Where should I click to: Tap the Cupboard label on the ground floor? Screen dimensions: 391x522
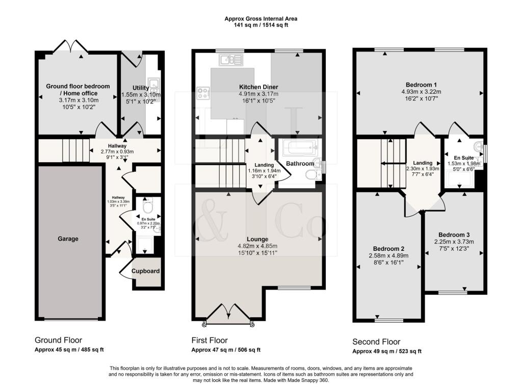pos(146,271)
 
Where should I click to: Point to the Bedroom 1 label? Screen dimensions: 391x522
pos(421,85)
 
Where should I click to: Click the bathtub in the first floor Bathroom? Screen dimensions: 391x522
pos(300,149)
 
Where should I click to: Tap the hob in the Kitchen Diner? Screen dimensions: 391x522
pos(202,93)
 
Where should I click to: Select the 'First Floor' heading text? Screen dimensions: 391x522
pos(209,341)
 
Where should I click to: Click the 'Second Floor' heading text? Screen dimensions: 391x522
pos(376,342)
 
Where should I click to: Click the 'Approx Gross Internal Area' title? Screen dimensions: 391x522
pos(261,19)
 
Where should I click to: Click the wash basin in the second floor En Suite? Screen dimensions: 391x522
pos(477,148)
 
